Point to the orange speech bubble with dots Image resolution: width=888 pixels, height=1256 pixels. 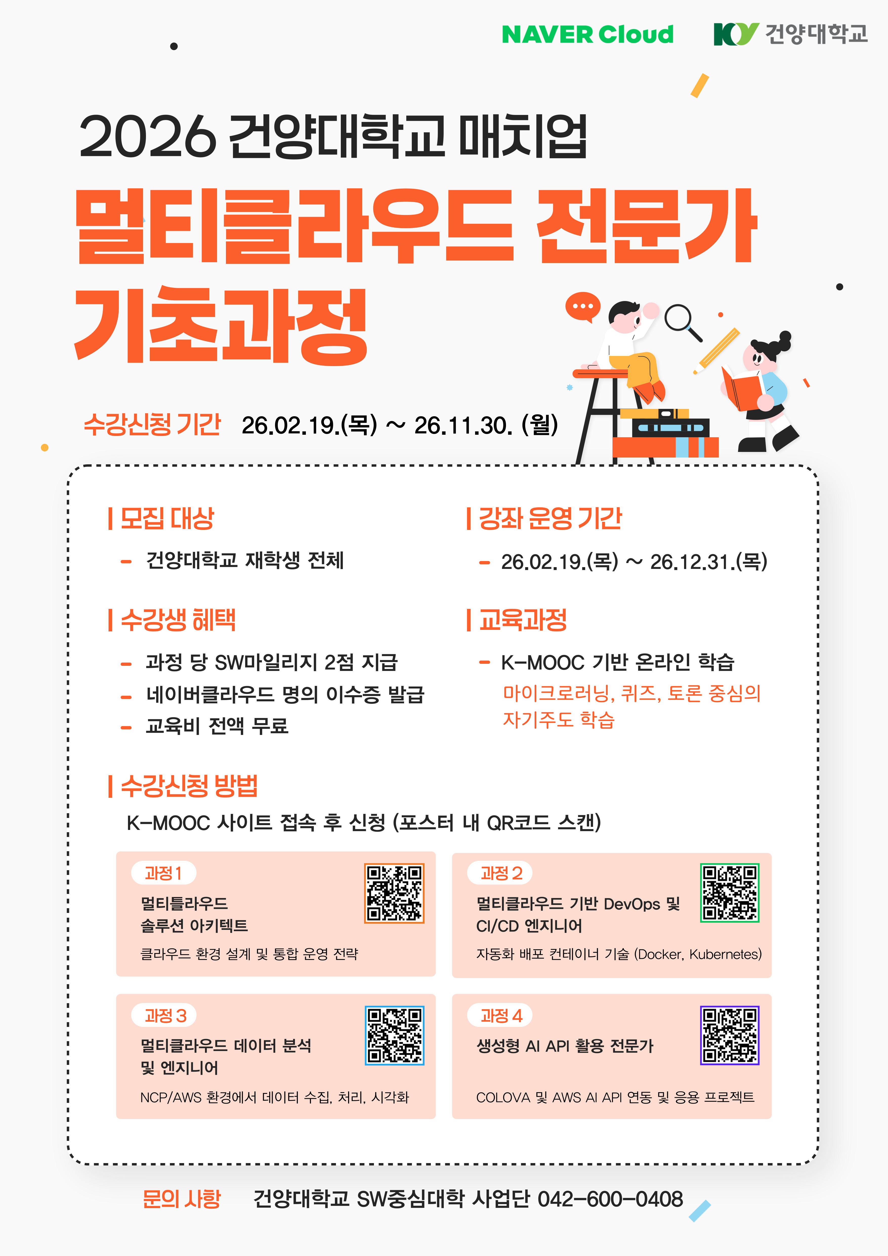(583, 307)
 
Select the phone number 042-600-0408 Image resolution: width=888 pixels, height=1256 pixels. (610, 1199)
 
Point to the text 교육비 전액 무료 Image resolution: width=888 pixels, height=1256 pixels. (217, 726)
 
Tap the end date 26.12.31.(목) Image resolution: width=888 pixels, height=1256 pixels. (709, 561)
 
